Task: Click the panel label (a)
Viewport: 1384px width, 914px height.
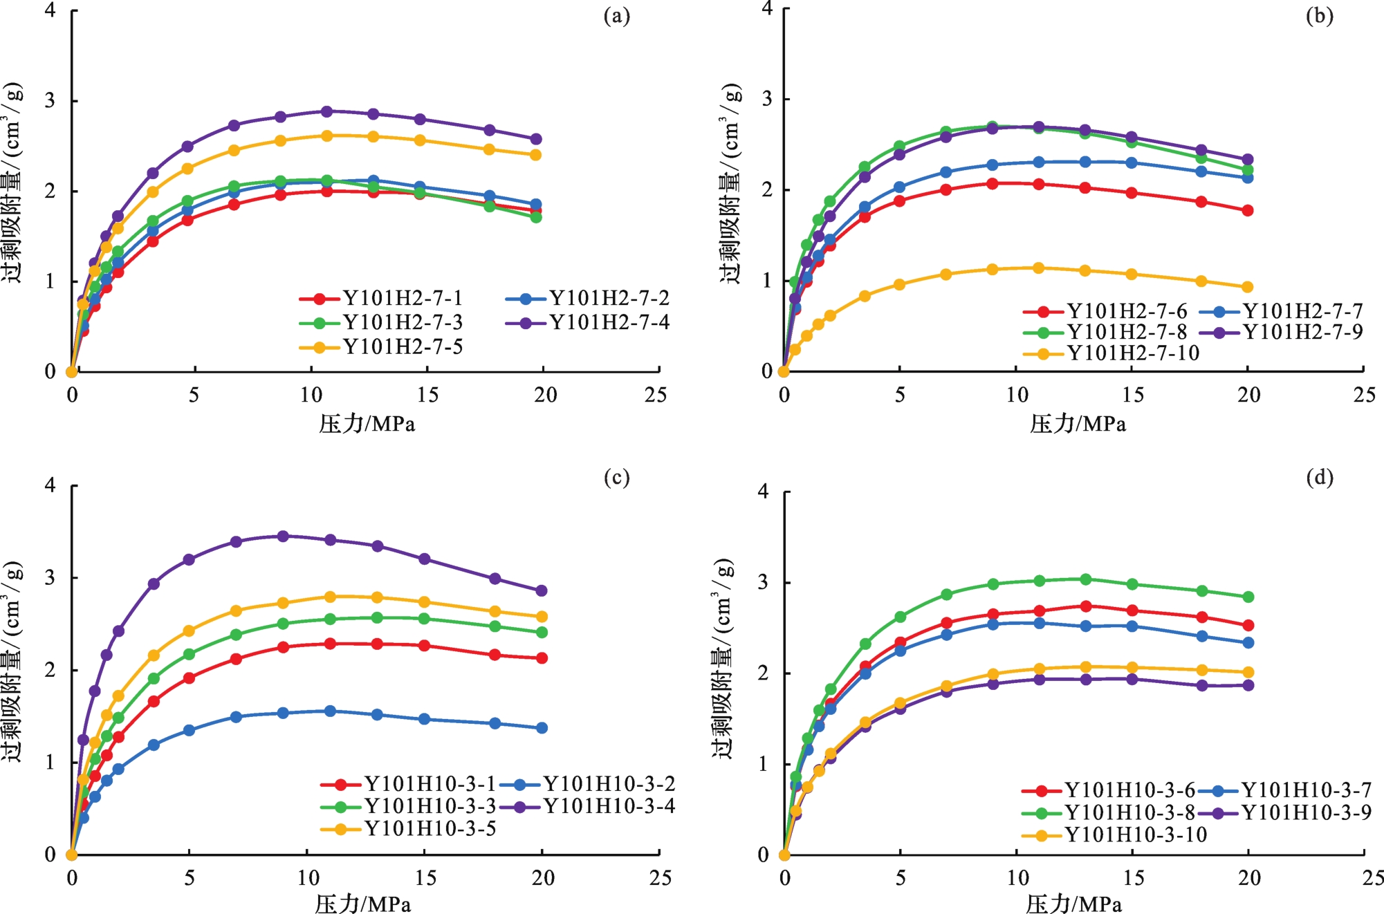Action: (616, 16)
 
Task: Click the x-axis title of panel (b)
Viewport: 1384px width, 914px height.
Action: (1078, 424)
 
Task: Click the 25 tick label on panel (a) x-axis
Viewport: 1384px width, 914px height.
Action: (656, 395)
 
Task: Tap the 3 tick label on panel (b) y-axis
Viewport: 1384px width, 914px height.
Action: (767, 99)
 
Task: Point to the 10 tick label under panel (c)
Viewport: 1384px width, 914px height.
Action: (308, 878)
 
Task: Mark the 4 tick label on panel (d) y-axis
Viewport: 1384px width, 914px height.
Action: (764, 492)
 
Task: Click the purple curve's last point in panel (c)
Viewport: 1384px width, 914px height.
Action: (542, 590)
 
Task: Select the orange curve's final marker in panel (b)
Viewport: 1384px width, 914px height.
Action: (1248, 287)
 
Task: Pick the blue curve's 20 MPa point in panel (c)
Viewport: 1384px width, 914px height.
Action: (542, 728)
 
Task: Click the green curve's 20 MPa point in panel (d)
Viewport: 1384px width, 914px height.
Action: (1248, 597)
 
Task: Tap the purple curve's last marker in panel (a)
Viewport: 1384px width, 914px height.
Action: (535, 139)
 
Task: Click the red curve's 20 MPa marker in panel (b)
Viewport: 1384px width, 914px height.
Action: (1248, 210)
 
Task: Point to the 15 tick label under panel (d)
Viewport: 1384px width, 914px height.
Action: (1133, 878)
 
